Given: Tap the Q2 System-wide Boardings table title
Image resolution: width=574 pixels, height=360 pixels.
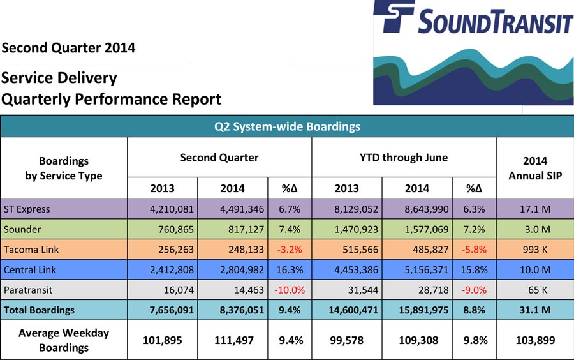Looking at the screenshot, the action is [287, 127].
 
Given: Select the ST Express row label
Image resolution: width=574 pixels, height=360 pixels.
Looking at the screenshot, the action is [27, 209].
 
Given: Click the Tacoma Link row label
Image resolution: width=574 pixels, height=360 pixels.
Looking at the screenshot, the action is [31, 250].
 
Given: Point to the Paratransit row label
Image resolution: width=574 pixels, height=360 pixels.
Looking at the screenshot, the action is [28, 290].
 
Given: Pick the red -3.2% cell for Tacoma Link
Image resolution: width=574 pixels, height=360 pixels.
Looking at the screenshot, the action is [290, 250].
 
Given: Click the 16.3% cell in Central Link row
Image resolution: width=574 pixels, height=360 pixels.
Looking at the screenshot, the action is [290, 270].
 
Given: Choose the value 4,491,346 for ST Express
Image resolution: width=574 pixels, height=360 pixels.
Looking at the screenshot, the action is [242, 209].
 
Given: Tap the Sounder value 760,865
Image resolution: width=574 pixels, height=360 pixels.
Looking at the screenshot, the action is [176, 229].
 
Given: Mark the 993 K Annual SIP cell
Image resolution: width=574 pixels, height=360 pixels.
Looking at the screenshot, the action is [535, 250].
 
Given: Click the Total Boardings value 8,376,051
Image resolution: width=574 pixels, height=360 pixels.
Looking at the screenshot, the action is [242, 310].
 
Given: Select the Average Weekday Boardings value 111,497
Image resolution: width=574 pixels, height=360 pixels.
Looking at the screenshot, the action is [234, 340].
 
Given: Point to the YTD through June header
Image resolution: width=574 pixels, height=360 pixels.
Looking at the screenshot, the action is [404, 158].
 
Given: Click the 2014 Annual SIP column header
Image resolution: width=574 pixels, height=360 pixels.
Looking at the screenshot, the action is [535, 168].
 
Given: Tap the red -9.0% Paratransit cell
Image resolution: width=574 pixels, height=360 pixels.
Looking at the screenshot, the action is [474, 290].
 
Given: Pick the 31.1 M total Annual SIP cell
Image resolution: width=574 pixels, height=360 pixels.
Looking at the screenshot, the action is [535, 310].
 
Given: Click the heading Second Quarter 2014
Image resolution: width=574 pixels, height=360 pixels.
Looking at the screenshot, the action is [68, 48].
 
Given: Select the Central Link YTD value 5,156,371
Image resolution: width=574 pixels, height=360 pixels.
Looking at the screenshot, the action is [427, 270].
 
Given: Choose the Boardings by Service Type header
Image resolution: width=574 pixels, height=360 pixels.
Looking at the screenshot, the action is [64, 168].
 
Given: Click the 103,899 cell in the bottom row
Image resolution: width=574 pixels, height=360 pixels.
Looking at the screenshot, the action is [535, 340].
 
